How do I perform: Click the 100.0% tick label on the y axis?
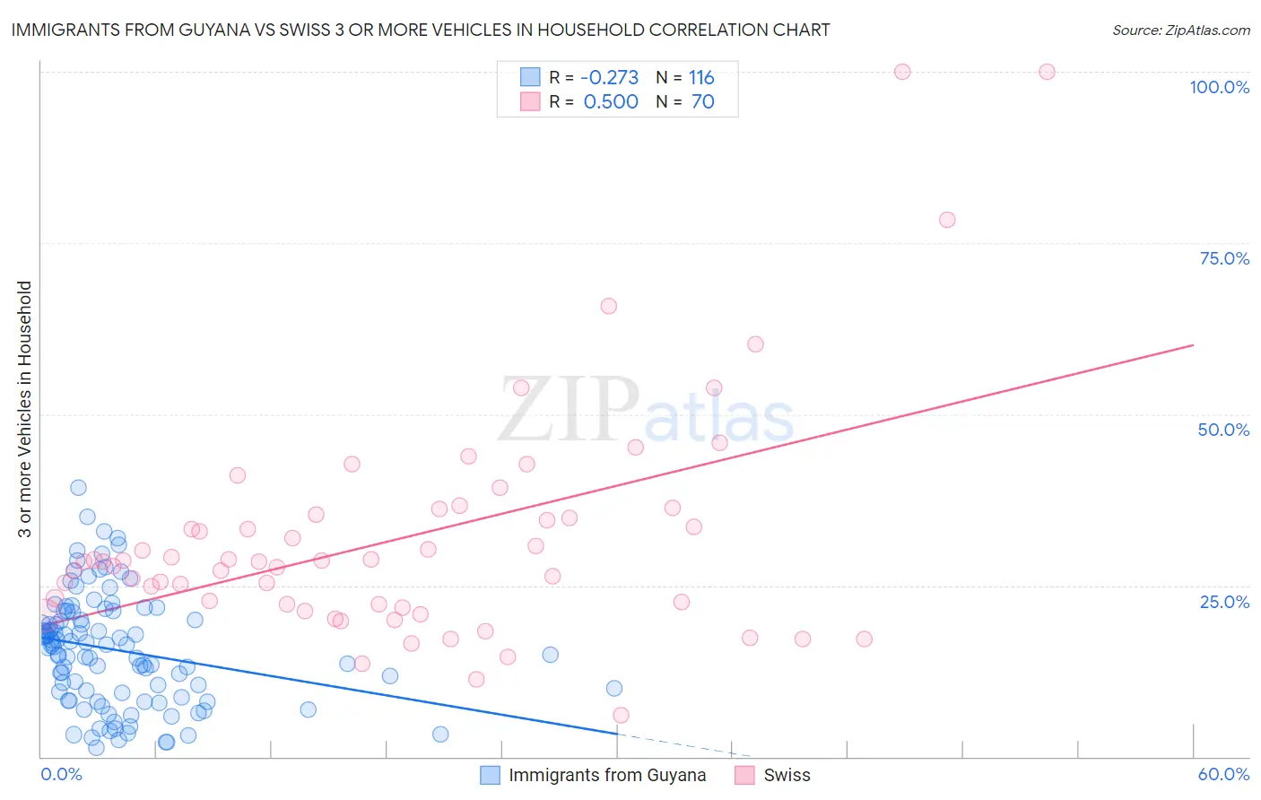click(x=1219, y=87)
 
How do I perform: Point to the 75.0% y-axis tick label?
click(x=1224, y=258)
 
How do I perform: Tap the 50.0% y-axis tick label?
click(x=1223, y=430)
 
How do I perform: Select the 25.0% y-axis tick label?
click(x=1224, y=601)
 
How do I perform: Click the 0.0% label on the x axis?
click(x=61, y=774)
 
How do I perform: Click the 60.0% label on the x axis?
click(x=1223, y=774)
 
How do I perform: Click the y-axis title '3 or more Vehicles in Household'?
click(x=24, y=409)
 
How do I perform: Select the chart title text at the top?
click(x=421, y=30)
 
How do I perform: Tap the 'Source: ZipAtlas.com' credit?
click(x=1180, y=30)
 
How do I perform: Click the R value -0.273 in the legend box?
click(x=610, y=77)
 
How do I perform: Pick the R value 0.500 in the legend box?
click(x=611, y=101)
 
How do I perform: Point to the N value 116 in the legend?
click(x=701, y=77)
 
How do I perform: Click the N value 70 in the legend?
click(x=703, y=101)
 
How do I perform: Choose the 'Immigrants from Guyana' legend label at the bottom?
click(x=607, y=775)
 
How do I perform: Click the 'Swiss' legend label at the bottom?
click(x=787, y=775)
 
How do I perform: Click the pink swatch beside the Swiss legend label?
click(x=744, y=775)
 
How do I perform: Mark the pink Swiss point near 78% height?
click(x=947, y=220)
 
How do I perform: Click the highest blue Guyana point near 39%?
click(x=78, y=487)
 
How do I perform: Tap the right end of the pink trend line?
click(x=1193, y=344)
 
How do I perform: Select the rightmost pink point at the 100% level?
click(x=1047, y=72)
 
